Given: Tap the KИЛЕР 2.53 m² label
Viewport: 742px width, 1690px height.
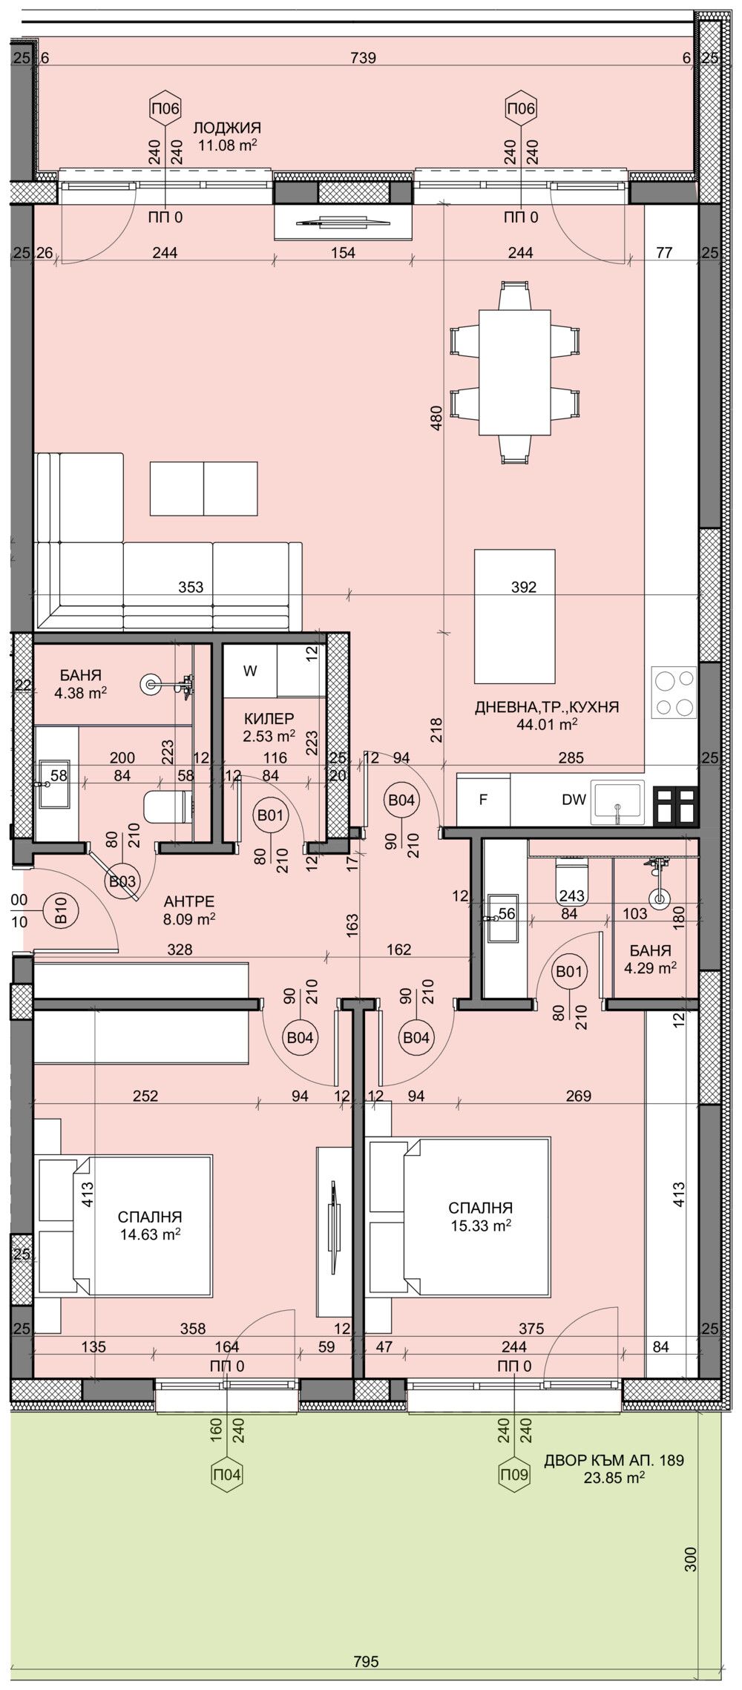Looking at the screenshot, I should [269, 727].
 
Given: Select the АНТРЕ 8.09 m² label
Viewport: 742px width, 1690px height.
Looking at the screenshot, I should [188, 910].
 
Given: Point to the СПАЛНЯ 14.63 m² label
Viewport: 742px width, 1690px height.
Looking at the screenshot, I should [150, 1225].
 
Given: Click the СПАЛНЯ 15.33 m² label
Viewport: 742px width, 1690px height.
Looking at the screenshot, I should [480, 1216].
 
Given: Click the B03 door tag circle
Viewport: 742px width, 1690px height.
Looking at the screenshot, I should [122, 882].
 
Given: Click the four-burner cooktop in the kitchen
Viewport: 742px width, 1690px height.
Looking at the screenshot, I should [674, 692].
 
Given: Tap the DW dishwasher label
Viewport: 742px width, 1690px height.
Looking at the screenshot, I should [574, 800].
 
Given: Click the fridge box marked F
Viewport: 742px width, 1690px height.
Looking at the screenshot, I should [483, 800].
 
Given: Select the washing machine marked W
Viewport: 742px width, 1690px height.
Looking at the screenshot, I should [250, 671].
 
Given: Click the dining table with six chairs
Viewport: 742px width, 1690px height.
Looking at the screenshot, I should [515, 372].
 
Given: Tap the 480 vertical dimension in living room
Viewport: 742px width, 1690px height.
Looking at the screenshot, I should [436, 418].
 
